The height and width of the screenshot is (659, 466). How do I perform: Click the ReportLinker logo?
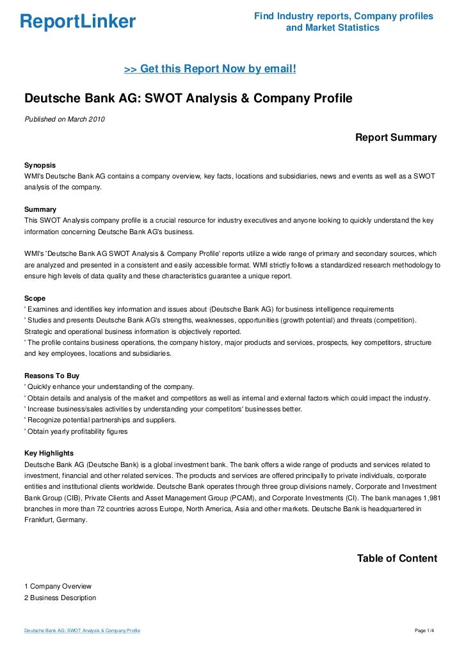[77, 22]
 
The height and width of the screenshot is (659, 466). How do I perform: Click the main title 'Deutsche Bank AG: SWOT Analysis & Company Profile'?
[188, 99]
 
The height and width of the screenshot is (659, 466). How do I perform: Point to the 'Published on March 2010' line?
[65, 119]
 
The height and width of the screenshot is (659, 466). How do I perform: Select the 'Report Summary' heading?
[396, 138]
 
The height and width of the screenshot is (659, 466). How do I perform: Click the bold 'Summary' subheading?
[40, 210]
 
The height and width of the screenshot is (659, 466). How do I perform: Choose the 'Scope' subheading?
[35, 298]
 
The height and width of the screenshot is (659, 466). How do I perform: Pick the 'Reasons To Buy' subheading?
[51, 376]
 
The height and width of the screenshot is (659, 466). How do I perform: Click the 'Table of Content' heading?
[397, 559]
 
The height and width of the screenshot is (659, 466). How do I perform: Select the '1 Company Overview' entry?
[58, 586]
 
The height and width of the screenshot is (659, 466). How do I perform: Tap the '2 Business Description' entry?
[60, 598]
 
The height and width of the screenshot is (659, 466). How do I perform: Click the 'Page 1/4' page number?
[425, 631]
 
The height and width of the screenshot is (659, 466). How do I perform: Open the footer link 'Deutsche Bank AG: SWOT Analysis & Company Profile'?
[82, 631]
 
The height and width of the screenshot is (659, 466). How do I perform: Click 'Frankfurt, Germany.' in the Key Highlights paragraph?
[55, 520]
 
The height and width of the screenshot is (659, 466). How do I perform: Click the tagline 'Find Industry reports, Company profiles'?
[344, 16]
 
